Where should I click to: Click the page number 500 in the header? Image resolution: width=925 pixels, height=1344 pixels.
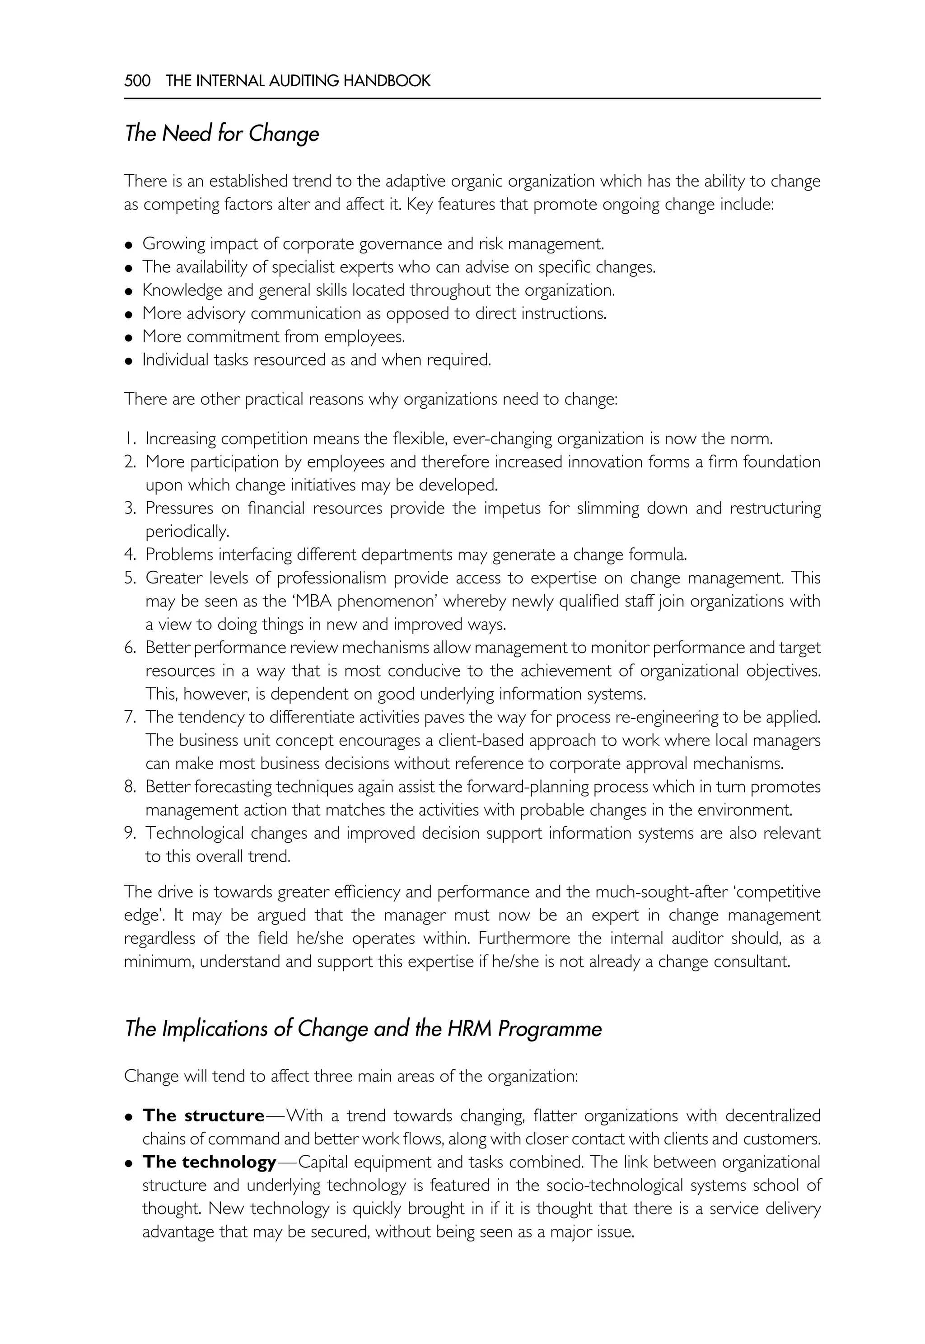(137, 80)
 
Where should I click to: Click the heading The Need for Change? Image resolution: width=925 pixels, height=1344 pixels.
(221, 134)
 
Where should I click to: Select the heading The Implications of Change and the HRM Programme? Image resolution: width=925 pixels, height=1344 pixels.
(363, 1028)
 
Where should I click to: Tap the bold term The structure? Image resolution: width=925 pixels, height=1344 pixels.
(203, 1115)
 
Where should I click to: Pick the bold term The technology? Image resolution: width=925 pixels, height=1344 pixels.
(209, 1162)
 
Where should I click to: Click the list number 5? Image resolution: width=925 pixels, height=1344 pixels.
(129, 578)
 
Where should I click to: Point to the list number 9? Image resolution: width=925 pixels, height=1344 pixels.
(129, 833)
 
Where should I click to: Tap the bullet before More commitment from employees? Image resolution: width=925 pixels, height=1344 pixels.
(129, 337)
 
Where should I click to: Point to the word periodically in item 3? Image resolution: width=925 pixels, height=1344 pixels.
(187, 532)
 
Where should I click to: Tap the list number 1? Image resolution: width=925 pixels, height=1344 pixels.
(129, 439)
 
